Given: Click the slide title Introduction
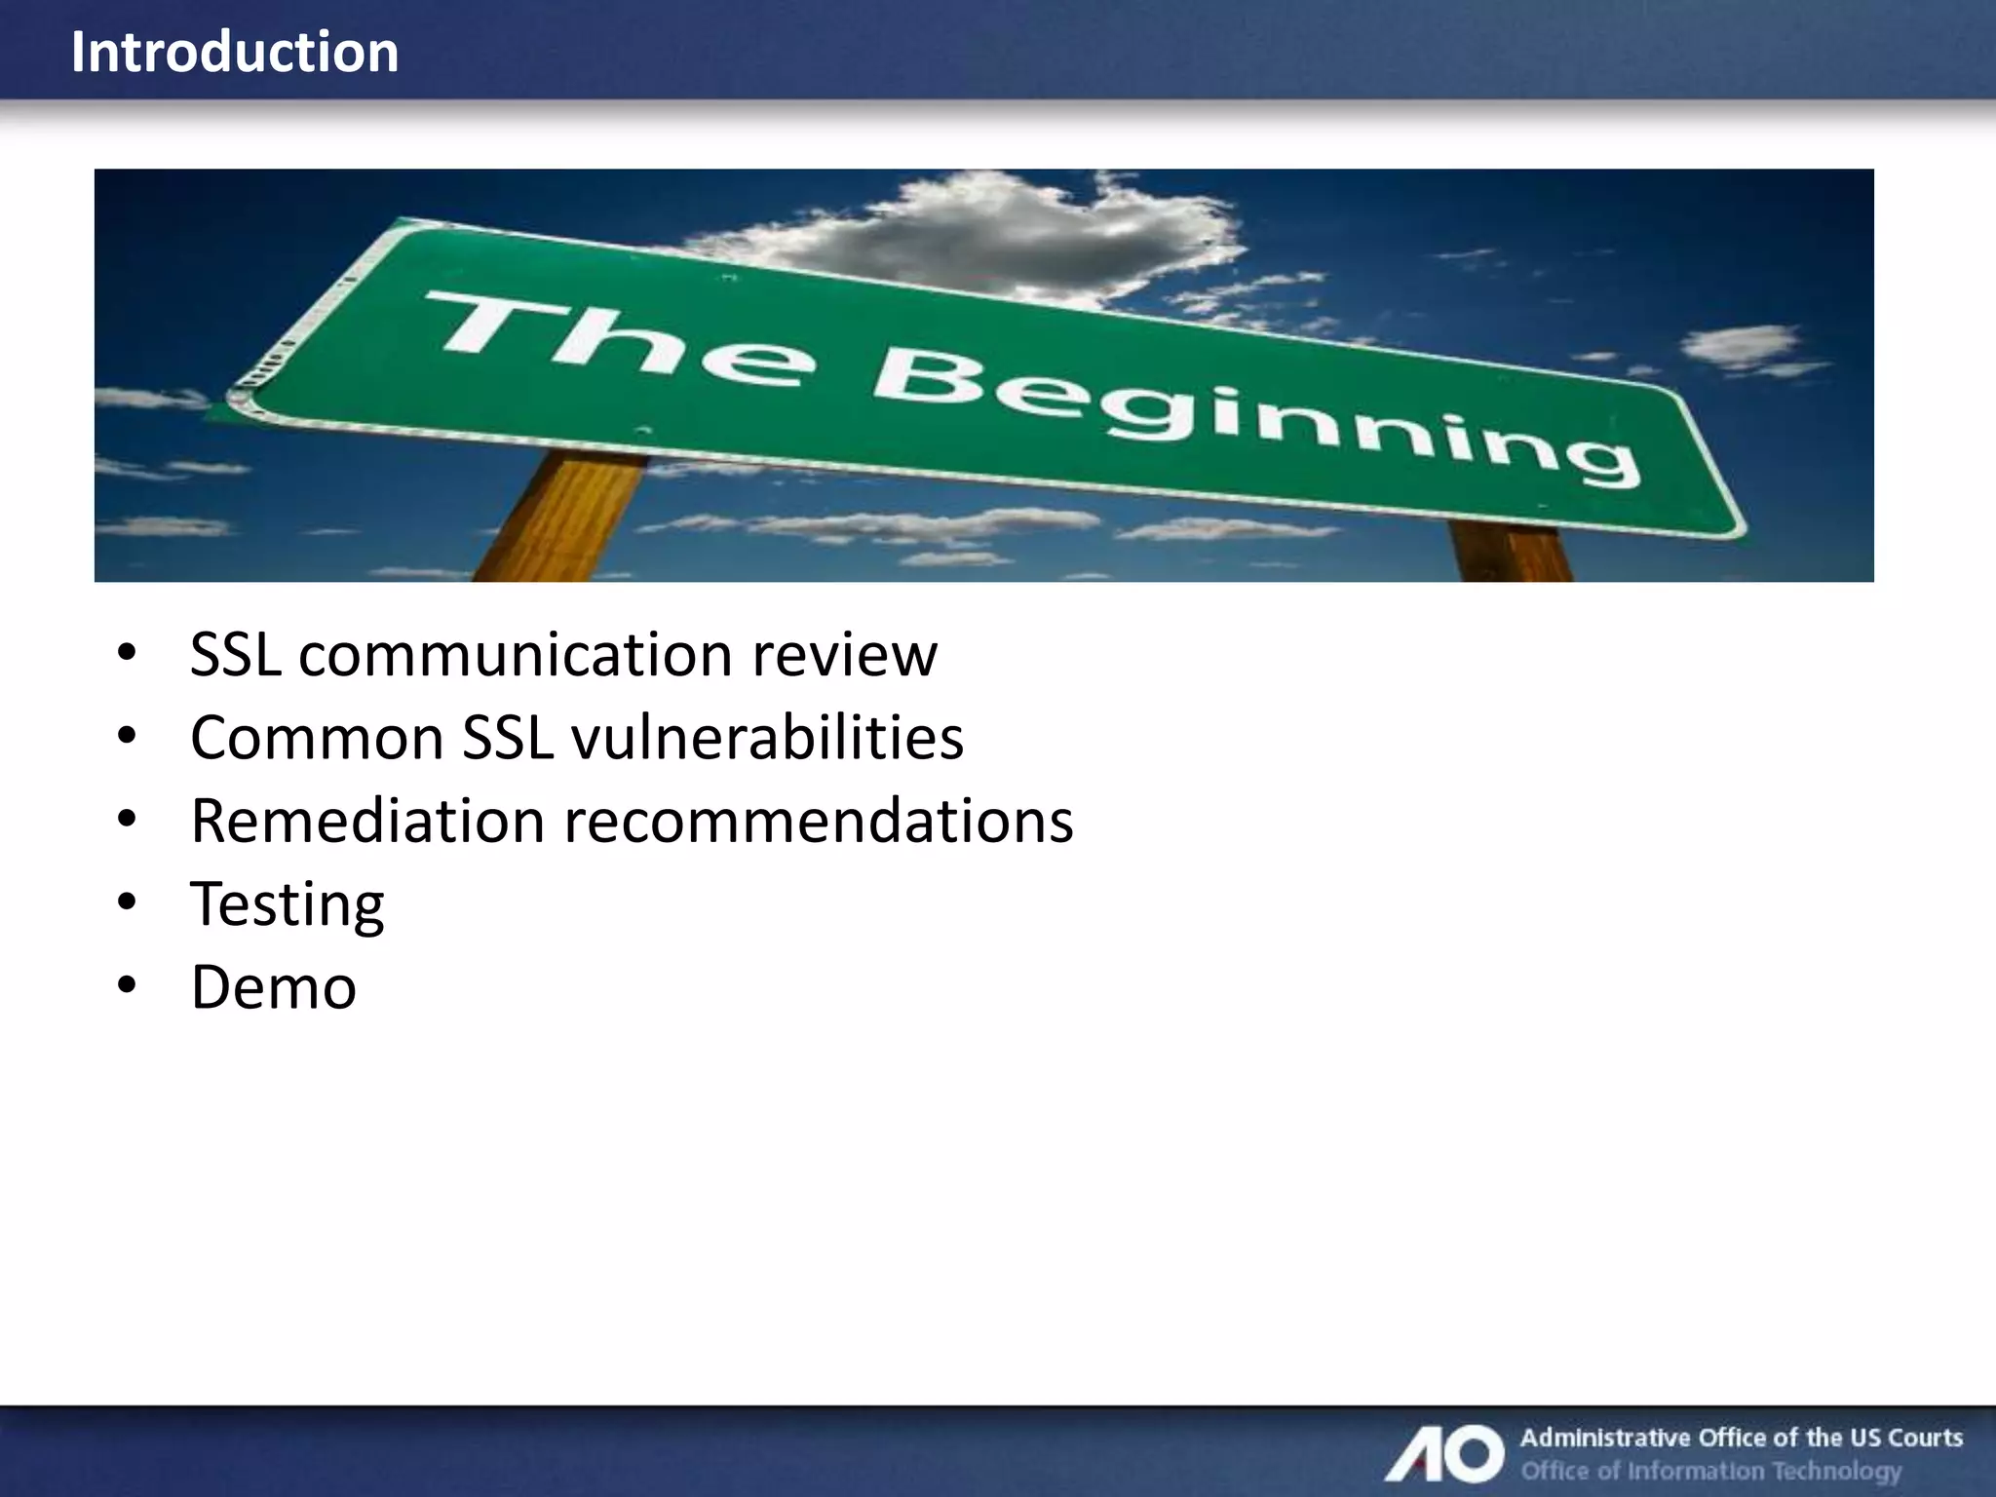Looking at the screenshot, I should [x=235, y=52].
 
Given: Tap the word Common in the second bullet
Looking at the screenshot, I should [x=317, y=738].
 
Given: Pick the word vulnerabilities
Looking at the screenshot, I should [x=768, y=738].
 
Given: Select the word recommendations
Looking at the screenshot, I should [x=819, y=821].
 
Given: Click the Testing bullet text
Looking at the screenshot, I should [x=288, y=904].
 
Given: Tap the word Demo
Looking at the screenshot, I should [x=274, y=987].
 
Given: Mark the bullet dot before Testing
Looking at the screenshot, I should [x=127, y=902].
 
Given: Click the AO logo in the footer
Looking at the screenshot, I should [x=1446, y=1453].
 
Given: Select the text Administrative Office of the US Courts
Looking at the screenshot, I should [x=1741, y=1438].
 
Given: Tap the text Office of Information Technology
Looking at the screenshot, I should [x=1711, y=1470].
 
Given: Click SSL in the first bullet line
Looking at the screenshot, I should [x=235, y=654].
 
